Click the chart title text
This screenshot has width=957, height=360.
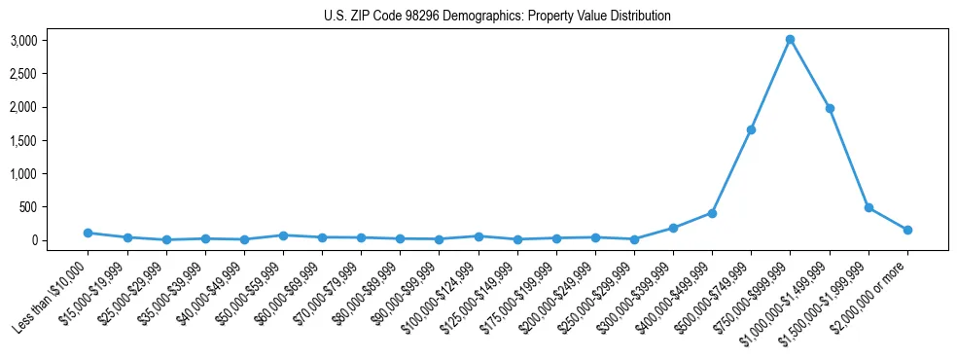[x=497, y=17]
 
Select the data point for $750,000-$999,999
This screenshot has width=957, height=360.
[x=790, y=40]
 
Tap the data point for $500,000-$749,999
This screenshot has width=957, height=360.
[x=751, y=129]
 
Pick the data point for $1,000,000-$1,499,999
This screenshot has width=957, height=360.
[x=829, y=108]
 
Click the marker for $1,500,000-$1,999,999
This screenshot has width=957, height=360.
[x=868, y=207]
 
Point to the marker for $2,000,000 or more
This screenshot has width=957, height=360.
[x=907, y=230]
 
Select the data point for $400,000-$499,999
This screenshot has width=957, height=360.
[x=712, y=213]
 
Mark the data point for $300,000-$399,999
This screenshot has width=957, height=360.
[x=673, y=228]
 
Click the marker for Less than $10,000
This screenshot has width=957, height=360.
[x=88, y=233]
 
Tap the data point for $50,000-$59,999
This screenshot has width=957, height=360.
[x=283, y=235]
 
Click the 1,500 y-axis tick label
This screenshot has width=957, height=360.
[x=50, y=141]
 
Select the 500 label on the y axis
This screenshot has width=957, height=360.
[x=55, y=207]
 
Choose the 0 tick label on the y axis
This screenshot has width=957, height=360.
[x=60, y=240]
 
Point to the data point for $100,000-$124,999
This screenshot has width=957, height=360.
[x=478, y=236]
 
